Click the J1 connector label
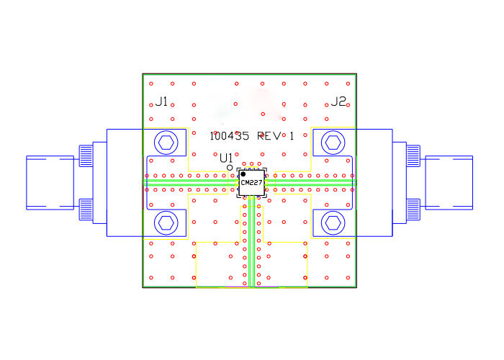(x=161, y=102)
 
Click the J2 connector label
(x=339, y=102)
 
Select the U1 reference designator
(x=226, y=158)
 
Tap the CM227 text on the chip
(x=252, y=183)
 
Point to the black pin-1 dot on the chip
(x=243, y=174)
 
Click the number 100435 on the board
(x=230, y=136)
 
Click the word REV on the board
(x=269, y=136)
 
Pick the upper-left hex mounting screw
(x=166, y=143)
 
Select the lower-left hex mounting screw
(x=166, y=222)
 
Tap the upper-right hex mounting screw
(x=333, y=143)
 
